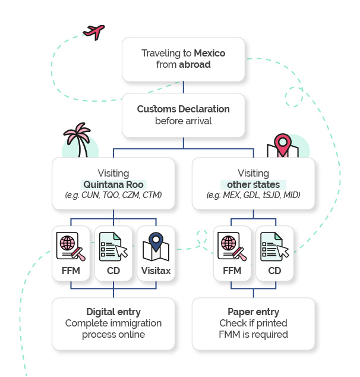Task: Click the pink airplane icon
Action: point(94,32)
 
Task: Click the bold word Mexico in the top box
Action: point(210,53)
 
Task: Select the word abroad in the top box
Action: point(195,64)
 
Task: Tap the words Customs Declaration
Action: point(183,109)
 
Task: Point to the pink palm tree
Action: point(78,140)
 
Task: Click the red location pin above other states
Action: point(283,144)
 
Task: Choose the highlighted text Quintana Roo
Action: point(113,185)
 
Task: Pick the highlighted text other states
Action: point(254,185)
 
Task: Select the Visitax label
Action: point(156,271)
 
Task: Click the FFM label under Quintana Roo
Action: point(71,271)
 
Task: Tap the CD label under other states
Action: point(274,271)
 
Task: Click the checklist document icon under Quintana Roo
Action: point(113,247)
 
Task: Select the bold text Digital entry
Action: point(113,312)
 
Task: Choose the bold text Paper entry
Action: point(254,312)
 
